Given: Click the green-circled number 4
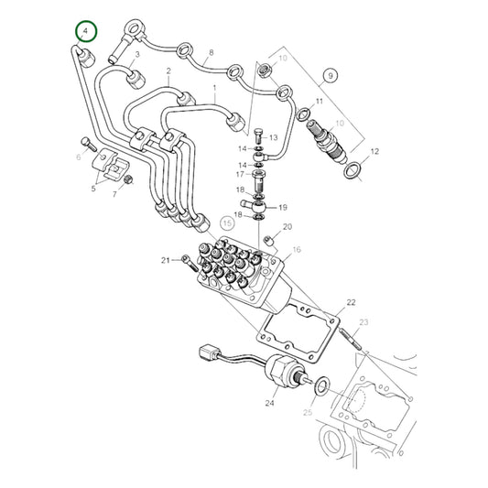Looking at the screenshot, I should coord(85,32).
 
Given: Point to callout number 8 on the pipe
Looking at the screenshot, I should coord(211,53).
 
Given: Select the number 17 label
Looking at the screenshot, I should coord(240,174).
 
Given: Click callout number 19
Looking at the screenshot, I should coord(282,207).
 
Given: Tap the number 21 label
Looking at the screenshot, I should coord(167,261).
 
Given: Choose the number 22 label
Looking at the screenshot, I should coord(350,301).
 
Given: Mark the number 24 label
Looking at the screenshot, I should coord(270,401).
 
